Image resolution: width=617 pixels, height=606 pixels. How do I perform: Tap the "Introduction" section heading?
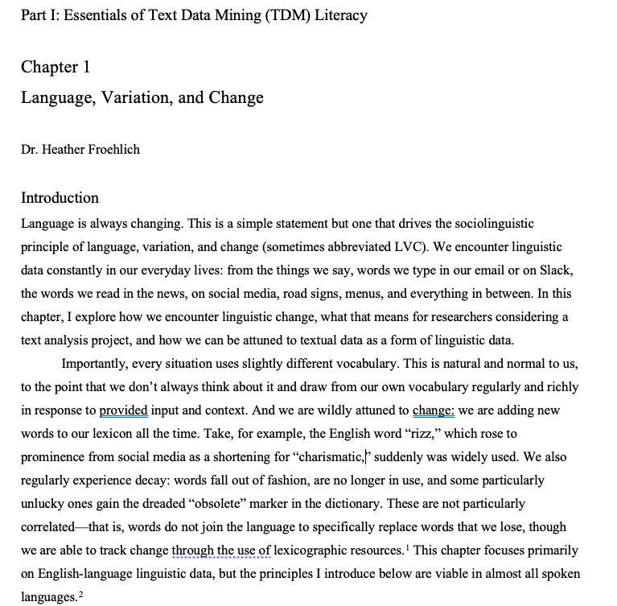tap(60, 198)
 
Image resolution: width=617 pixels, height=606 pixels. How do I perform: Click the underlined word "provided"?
tap(123, 410)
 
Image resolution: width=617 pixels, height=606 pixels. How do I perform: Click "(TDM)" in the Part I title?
tap(253, 14)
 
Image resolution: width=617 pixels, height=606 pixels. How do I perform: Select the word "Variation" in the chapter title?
tap(123, 98)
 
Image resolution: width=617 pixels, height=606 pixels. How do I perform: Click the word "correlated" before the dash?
tap(51, 527)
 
